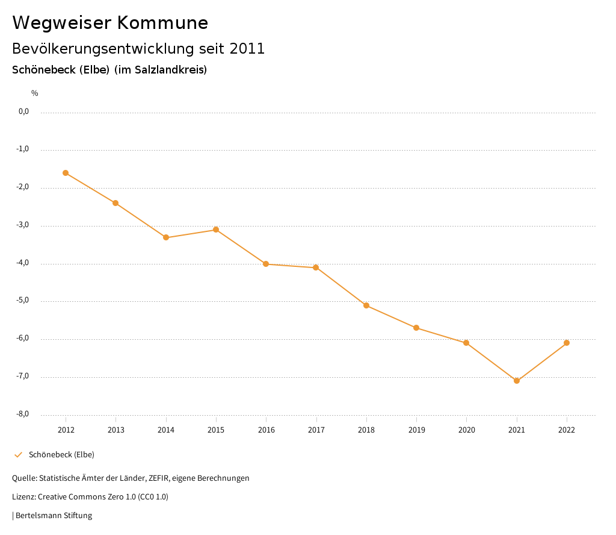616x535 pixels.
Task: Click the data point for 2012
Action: [x=66, y=173]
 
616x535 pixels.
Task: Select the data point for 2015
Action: [x=216, y=230]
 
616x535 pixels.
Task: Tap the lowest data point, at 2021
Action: [x=517, y=381]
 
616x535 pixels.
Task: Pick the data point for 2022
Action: [x=567, y=343]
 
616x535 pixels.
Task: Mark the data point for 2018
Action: [x=366, y=305]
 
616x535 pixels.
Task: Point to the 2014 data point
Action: [x=166, y=237]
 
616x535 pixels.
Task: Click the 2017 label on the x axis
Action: [x=316, y=430]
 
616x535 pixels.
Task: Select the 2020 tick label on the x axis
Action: [x=467, y=430]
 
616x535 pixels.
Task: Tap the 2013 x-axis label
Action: [x=116, y=430]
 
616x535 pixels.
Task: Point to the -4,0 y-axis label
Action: [x=23, y=263]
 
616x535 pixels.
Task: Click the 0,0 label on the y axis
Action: [x=24, y=111]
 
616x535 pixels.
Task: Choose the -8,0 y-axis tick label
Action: [x=23, y=414]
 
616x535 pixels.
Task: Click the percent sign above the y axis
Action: [x=35, y=93]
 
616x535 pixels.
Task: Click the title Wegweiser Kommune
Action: [x=110, y=23]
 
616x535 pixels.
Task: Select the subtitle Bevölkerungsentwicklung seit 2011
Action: [x=138, y=49]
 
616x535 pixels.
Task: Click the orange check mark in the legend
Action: [x=18, y=455]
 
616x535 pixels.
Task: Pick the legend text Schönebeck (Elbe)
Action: [x=61, y=455]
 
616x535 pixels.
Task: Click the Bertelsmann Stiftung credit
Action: [x=54, y=516]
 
